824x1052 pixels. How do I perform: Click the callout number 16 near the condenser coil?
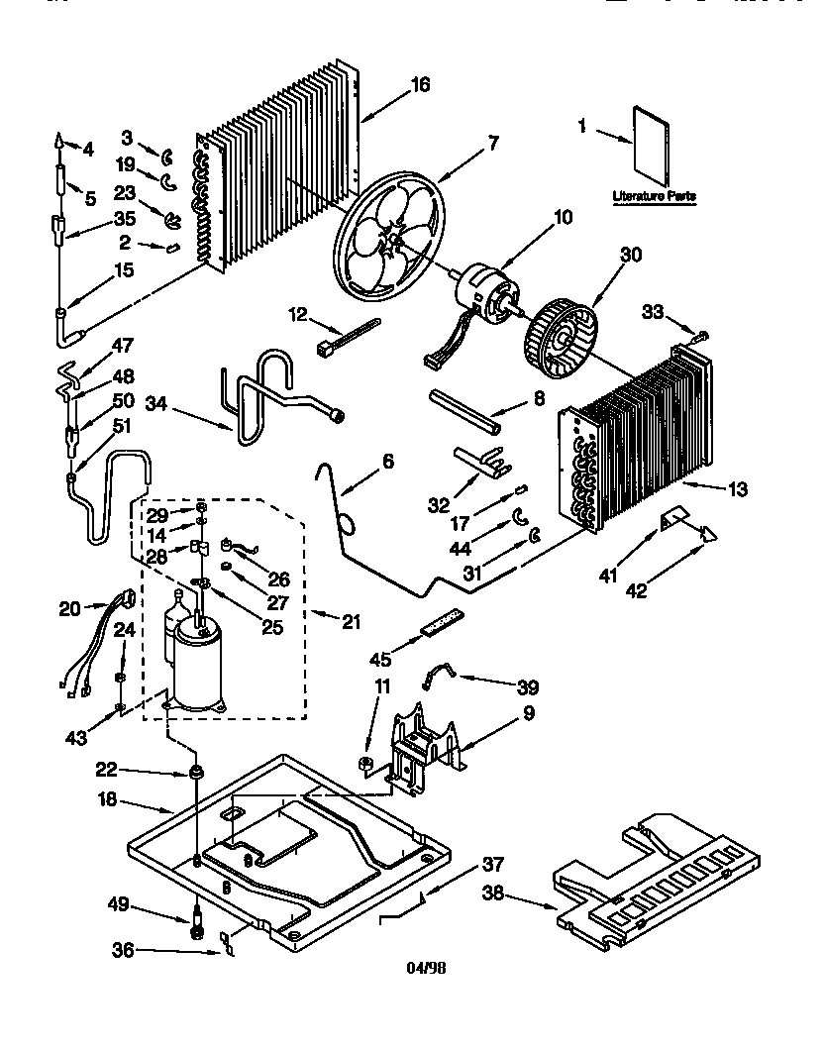[419, 85]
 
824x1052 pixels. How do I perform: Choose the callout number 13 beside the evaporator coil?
[737, 488]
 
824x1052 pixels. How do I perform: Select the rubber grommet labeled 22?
[195, 772]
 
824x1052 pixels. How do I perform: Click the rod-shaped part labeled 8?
[465, 409]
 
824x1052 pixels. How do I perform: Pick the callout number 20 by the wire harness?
[70, 610]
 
